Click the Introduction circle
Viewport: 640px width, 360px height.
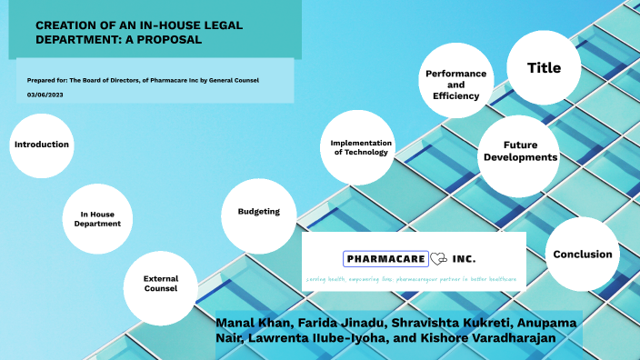pos(41,145)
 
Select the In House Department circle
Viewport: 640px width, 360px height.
pos(97,219)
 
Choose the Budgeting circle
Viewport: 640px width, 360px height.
pos(258,212)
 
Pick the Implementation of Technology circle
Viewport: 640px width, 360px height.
pos(361,148)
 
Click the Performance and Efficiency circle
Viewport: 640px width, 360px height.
pos(456,84)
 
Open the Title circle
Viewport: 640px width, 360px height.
pos(544,68)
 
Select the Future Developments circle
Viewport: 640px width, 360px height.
pos(520,151)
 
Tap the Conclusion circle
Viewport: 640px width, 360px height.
pos(582,254)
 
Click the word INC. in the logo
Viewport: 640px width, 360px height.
pos(464,258)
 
